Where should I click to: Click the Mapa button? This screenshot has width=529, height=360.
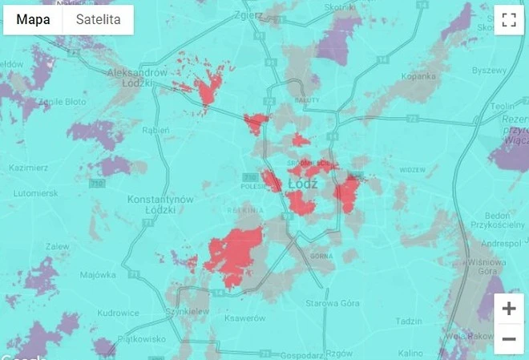tap(33, 20)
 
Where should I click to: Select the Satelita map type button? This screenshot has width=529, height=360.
tap(98, 20)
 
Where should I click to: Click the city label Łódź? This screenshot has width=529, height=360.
tap(305, 184)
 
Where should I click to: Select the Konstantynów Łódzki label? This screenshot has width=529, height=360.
tap(161, 204)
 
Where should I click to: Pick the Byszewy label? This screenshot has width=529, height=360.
tap(490, 70)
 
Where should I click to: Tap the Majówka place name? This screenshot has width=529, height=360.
tap(98, 274)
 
